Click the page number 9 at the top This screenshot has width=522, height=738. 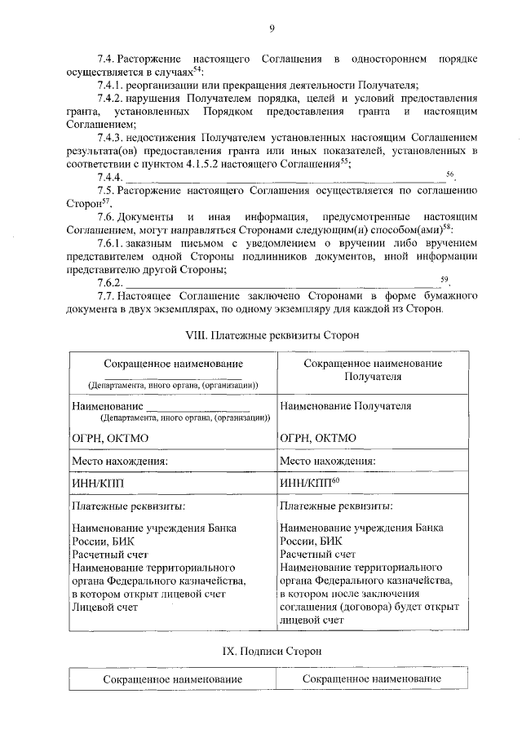coord(270,30)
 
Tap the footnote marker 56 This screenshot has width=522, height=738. coord(449,175)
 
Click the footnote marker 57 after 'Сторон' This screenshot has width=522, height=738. coord(95,201)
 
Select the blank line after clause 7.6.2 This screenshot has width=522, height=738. coord(281,283)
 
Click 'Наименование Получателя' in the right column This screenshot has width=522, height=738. coord(345,405)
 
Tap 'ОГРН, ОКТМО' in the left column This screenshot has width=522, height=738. coord(110,438)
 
